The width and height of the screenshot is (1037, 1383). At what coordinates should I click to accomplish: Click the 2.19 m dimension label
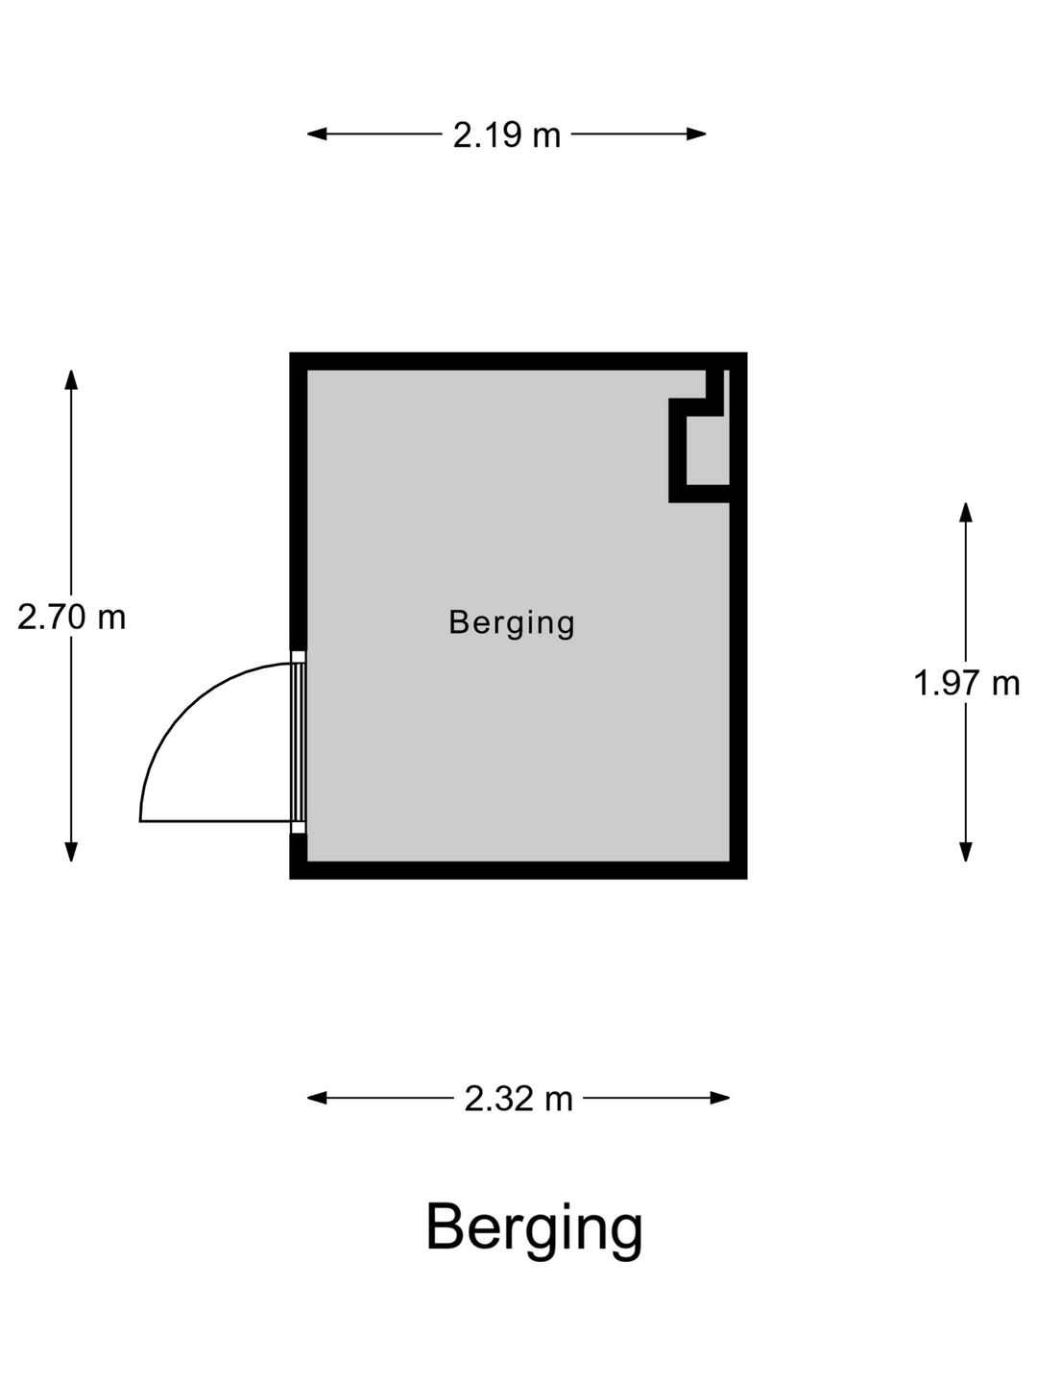click(506, 134)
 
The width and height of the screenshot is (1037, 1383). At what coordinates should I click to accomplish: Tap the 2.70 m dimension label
click(72, 617)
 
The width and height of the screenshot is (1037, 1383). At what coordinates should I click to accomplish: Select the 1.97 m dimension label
click(966, 683)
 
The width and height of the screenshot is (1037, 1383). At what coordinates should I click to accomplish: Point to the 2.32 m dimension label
click(518, 1099)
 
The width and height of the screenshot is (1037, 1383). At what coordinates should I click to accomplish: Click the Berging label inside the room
click(511, 623)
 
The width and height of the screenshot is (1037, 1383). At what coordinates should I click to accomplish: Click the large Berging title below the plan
click(534, 1229)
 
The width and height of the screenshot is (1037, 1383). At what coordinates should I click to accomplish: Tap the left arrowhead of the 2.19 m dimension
click(317, 133)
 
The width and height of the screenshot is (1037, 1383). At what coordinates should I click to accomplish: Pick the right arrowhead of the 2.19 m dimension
click(696, 133)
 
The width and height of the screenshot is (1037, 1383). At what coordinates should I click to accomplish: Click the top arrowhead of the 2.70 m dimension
click(71, 380)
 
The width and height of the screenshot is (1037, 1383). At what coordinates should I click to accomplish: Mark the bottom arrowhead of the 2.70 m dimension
click(71, 851)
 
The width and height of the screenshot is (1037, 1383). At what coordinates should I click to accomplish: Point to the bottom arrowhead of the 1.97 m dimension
click(965, 851)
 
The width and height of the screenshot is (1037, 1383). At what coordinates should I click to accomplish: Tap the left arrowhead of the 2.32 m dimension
click(317, 1098)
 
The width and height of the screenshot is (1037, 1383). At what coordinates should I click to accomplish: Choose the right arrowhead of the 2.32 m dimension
click(720, 1098)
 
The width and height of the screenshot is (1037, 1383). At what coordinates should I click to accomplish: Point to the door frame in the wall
click(299, 742)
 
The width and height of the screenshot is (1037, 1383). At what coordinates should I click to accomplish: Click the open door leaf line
click(216, 821)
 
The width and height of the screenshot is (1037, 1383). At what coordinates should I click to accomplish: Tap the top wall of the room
click(518, 361)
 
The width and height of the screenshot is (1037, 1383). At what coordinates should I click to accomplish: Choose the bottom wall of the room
click(518, 870)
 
